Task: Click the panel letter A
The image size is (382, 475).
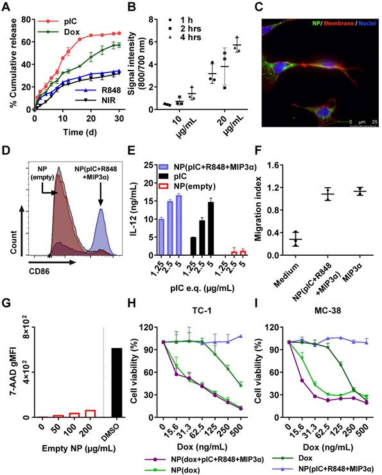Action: [x=6, y=7]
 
